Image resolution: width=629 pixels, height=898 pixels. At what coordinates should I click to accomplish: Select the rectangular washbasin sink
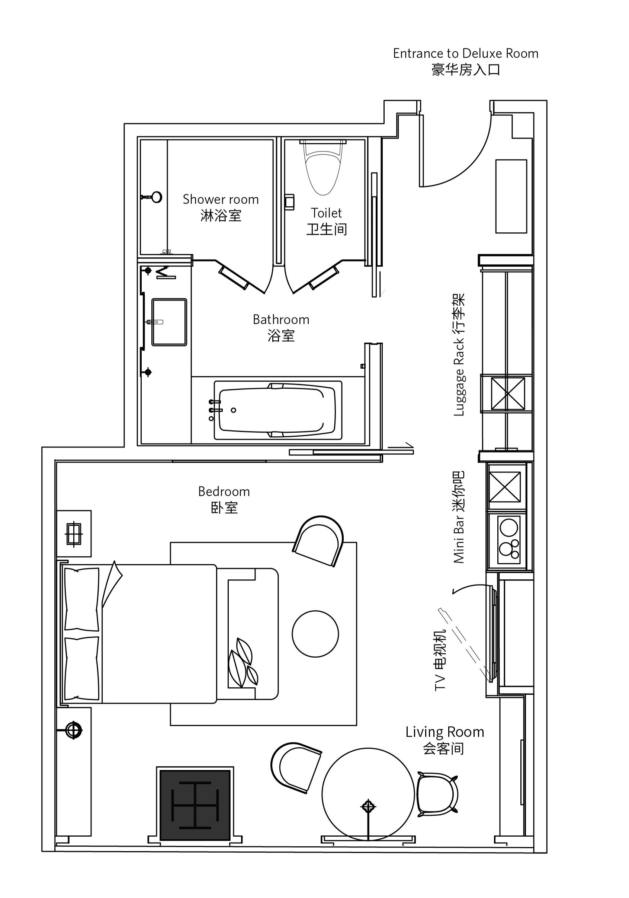pos(169,322)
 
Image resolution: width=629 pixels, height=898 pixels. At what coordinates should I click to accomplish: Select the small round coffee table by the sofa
pos(315,634)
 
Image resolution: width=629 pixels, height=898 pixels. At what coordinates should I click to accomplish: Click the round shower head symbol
pos(157,197)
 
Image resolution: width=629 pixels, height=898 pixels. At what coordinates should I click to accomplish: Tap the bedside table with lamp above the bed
pos(74,534)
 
